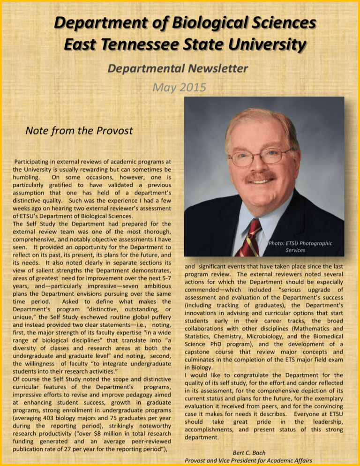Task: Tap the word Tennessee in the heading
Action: (x=137, y=46)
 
